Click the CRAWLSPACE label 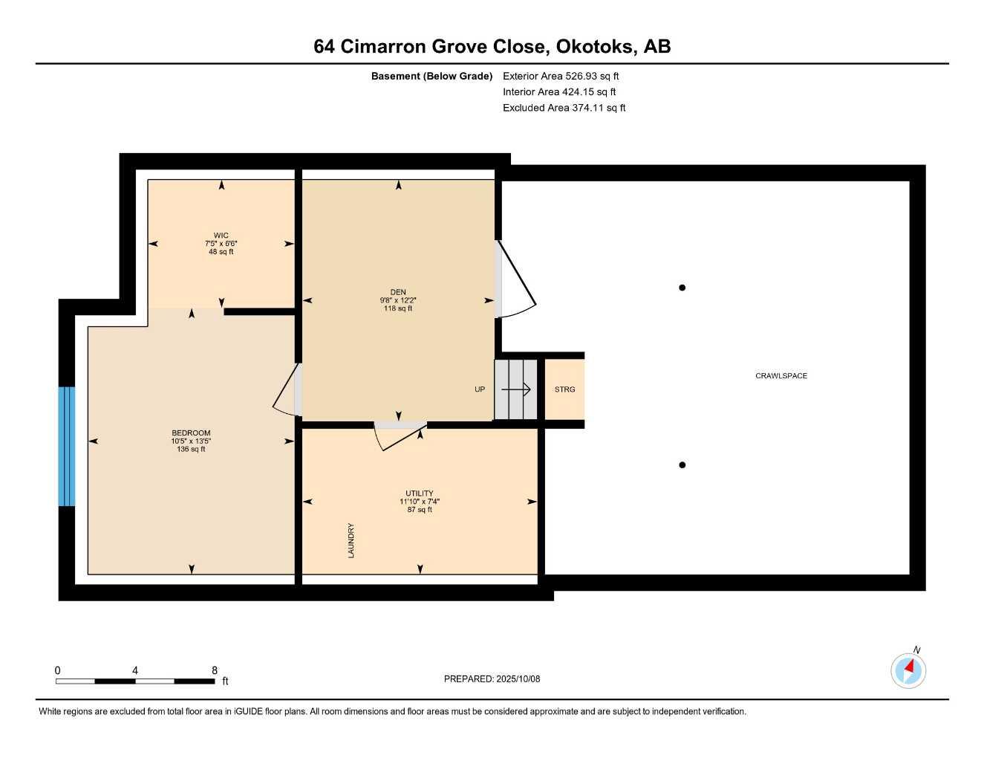point(781,375)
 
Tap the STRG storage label point(564,389)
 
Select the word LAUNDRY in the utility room point(351,541)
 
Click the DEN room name point(398,292)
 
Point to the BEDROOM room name point(191,433)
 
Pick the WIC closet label point(221,235)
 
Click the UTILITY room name point(420,493)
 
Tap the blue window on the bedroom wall point(67,446)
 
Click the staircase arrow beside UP point(516,389)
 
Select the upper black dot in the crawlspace point(682,288)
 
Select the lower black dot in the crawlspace point(682,464)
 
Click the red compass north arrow point(909,667)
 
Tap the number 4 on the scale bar point(135,670)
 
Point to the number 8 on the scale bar point(214,670)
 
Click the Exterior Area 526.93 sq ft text point(561,76)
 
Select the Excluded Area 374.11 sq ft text point(564,108)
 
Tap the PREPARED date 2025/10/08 point(518,679)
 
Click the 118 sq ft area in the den point(398,308)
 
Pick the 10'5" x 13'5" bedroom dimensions point(191,441)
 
